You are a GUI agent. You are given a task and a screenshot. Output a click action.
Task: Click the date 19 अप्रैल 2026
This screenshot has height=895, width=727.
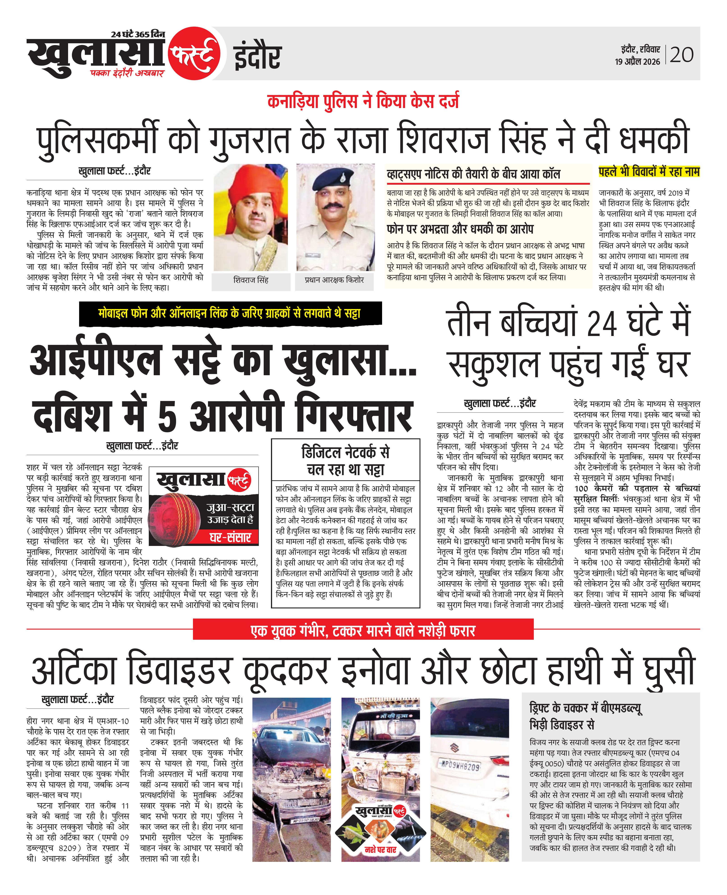[x=637, y=62]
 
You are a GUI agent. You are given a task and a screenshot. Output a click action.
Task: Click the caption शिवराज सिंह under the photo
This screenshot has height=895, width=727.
[x=251, y=280]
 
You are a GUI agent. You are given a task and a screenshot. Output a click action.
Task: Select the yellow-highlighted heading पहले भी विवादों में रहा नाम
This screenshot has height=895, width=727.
[x=649, y=172]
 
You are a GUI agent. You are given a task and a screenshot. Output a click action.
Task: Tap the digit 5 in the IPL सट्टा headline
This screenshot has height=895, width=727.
[x=167, y=417]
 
